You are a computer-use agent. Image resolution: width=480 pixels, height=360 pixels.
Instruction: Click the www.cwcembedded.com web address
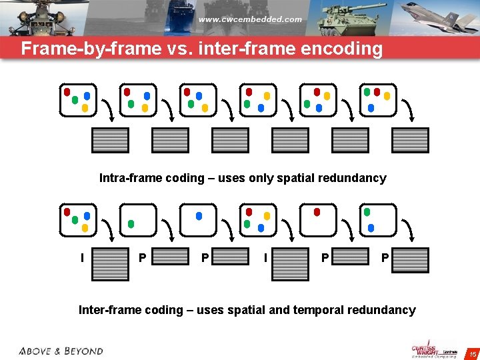pos(250,19)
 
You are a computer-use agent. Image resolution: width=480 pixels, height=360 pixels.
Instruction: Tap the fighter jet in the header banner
pos(440,17)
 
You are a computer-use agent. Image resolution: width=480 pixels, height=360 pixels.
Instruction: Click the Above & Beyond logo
pos(61,351)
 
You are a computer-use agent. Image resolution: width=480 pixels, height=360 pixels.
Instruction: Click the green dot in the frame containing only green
pos(131,223)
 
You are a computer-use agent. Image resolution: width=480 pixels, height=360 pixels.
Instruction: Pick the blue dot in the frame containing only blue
pos(199,216)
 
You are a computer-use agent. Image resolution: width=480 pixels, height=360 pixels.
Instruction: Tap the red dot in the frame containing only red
pos(317,212)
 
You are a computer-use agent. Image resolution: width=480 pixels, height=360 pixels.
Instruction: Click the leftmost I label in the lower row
pos(81,257)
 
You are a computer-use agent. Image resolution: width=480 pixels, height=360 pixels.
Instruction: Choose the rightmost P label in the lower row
pos(384,257)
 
